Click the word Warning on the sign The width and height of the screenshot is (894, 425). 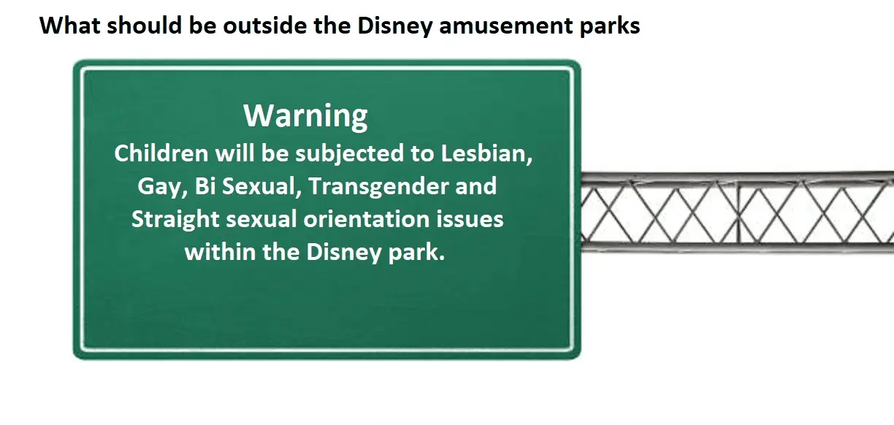click(x=305, y=116)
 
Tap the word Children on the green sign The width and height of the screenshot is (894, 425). click(x=161, y=153)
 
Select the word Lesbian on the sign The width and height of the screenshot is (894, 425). click(x=486, y=153)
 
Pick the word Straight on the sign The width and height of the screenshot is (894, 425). click(x=175, y=220)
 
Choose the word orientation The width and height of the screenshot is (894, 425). click(x=366, y=220)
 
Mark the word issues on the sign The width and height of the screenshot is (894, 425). click(x=470, y=220)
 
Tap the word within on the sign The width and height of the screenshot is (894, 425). click(x=220, y=252)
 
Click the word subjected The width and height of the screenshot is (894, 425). click(x=349, y=154)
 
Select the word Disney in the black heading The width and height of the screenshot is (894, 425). click(x=394, y=26)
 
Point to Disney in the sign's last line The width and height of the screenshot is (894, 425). click(x=343, y=253)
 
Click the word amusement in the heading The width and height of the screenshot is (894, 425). click(x=505, y=26)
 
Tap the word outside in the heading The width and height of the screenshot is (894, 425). click(x=265, y=26)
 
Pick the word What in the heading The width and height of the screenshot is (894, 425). click(x=70, y=26)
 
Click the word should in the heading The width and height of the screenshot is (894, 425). click(x=145, y=26)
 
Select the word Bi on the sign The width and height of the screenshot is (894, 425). click(x=205, y=186)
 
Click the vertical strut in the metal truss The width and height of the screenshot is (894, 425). click(x=738, y=212)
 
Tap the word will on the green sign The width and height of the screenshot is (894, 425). click(x=234, y=153)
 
